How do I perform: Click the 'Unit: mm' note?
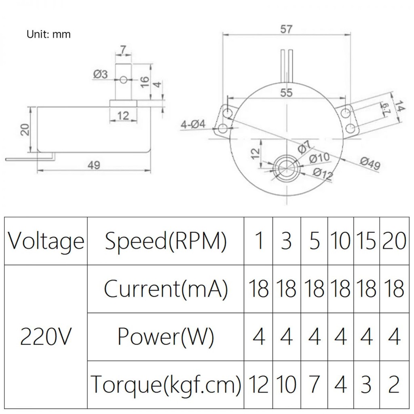(49, 34)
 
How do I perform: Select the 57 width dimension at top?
(286, 29)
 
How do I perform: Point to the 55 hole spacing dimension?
(286, 93)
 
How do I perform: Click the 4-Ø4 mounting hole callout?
(193, 124)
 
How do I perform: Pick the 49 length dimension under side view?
(94, 165)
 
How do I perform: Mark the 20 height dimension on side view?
(25, 129)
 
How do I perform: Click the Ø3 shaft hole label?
(100, 74)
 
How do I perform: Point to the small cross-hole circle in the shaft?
(123, 79)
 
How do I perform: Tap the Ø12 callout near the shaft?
(323, 174)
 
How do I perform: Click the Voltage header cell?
(46, 241)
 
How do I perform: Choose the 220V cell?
(46, 336)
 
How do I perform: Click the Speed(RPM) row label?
(166, 241)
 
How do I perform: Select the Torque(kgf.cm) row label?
(166, 384)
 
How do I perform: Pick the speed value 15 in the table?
(366, 241)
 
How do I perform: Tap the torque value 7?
(314, 384)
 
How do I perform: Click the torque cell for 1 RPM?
(259, 384)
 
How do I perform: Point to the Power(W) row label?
(166, 336)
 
